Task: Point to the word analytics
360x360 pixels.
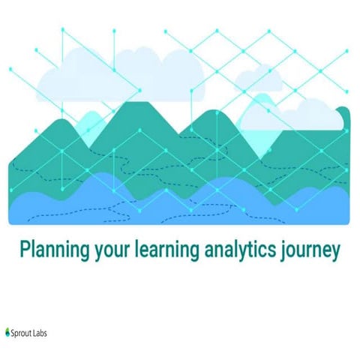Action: (232, 249)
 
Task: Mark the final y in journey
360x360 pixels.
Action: (334, 252)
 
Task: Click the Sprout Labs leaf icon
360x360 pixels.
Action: (7, 330)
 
